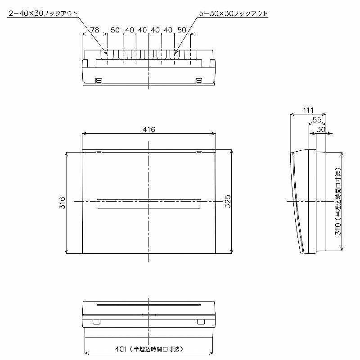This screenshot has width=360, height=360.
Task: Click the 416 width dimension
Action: (149, 130)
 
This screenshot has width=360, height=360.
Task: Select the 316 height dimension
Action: (63, 202)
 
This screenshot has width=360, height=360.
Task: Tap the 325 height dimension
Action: (228, 201)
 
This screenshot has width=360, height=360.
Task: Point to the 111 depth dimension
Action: (308, 110)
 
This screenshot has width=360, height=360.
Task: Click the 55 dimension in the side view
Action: (317, 120)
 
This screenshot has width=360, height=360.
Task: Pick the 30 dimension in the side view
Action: (321, 130)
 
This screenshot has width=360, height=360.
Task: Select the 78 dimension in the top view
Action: (94, 30)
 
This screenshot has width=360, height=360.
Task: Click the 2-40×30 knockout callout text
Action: (43, 13)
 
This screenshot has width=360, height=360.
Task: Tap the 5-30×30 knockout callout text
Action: (233, 13)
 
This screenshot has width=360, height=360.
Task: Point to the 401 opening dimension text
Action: (149, 349)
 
